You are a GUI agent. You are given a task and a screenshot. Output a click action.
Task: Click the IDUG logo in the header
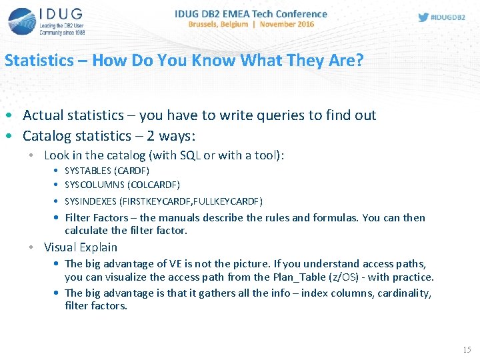click(x=46, y=21)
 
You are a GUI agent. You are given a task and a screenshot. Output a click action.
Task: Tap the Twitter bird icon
click(x=423, y=17)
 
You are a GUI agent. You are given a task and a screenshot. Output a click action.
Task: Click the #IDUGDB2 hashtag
click(x=448, y=17)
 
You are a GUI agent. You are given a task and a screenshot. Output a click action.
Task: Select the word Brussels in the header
click(x=207, y=24)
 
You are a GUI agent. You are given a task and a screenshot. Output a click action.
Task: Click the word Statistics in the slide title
click(x=39, y=61)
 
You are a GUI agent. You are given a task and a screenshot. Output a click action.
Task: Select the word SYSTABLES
click(x=89, y=171)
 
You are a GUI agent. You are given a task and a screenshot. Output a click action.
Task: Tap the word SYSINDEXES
click(x=91, y=201)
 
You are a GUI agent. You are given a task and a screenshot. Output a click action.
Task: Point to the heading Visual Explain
click(x=80, y=247)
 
